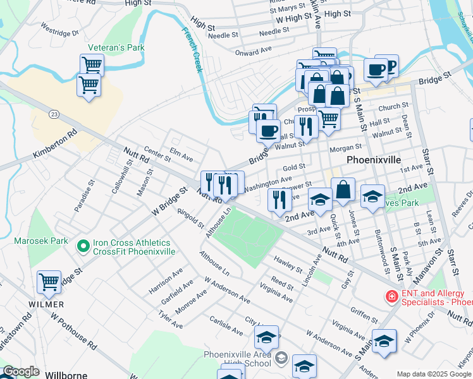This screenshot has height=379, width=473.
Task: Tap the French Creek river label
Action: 192,49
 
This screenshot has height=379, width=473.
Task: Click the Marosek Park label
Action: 41,241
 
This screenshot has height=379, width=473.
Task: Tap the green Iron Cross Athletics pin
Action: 82,246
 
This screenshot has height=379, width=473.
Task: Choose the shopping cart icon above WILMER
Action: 49,283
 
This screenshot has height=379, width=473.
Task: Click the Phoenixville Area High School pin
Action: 281,359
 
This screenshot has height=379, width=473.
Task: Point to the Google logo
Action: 20,372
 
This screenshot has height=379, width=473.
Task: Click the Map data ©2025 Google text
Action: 434,374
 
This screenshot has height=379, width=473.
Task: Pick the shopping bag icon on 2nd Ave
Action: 343,190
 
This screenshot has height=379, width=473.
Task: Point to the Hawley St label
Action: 288,265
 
